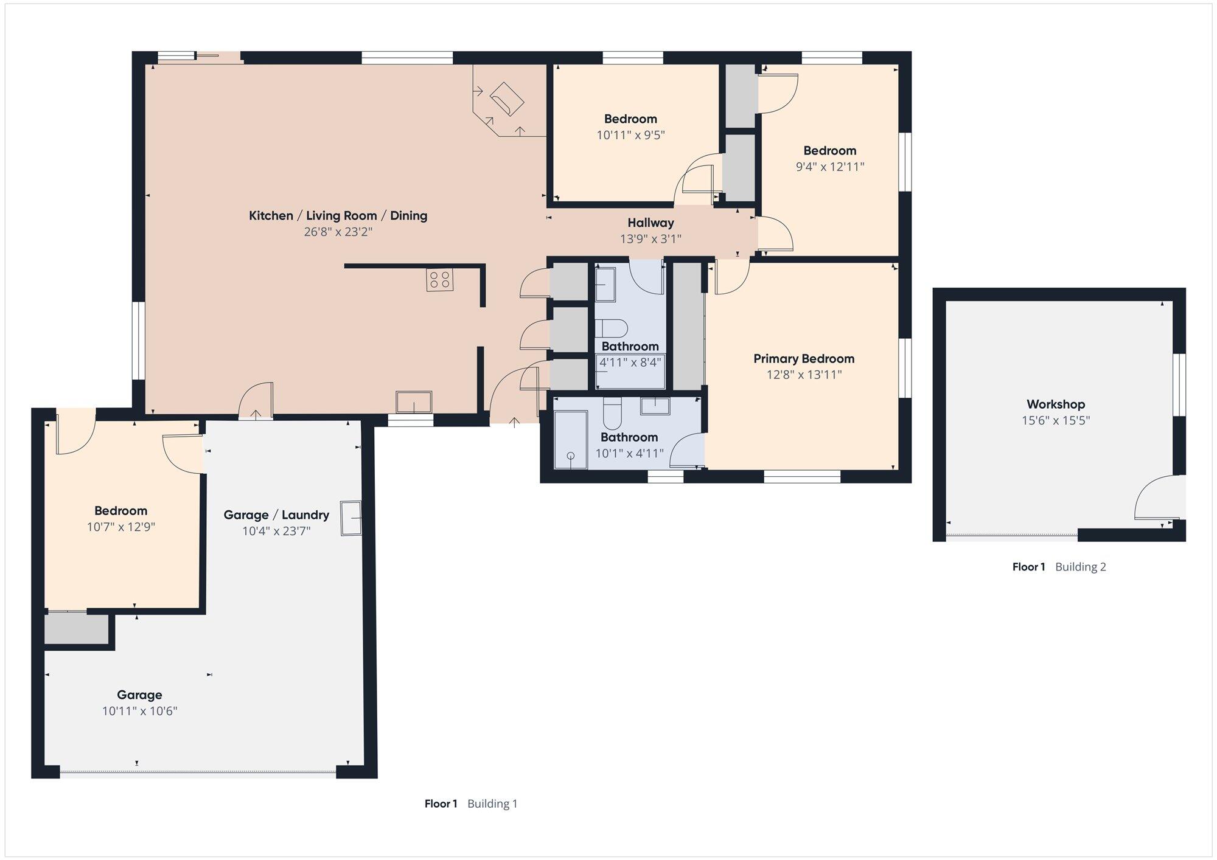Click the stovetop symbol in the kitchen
(x=439, y=280)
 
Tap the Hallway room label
(x=650, y=223)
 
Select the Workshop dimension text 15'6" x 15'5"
(x=1056, y=420)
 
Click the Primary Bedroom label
(x=804, y=359)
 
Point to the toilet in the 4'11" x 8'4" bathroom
(x=611, y=328)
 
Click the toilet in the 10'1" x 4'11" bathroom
(x=612, y=414)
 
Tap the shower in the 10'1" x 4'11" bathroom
(x=570, y=440)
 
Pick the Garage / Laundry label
(x=276, y=515)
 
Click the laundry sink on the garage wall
(x=351, y=518)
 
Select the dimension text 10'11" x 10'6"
(x=139, y=711)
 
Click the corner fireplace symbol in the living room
(x=507, y=99)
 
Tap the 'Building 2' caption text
(x=1081, y=567)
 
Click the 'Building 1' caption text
(x=492, y=804)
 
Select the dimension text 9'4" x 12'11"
(x=830, y=167)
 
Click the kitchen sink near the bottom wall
(x=414, y=402)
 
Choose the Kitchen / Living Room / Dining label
(x=338, y=215)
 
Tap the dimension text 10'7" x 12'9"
(x=121, y=527)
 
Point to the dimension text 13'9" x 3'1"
(x=650, y=239)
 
